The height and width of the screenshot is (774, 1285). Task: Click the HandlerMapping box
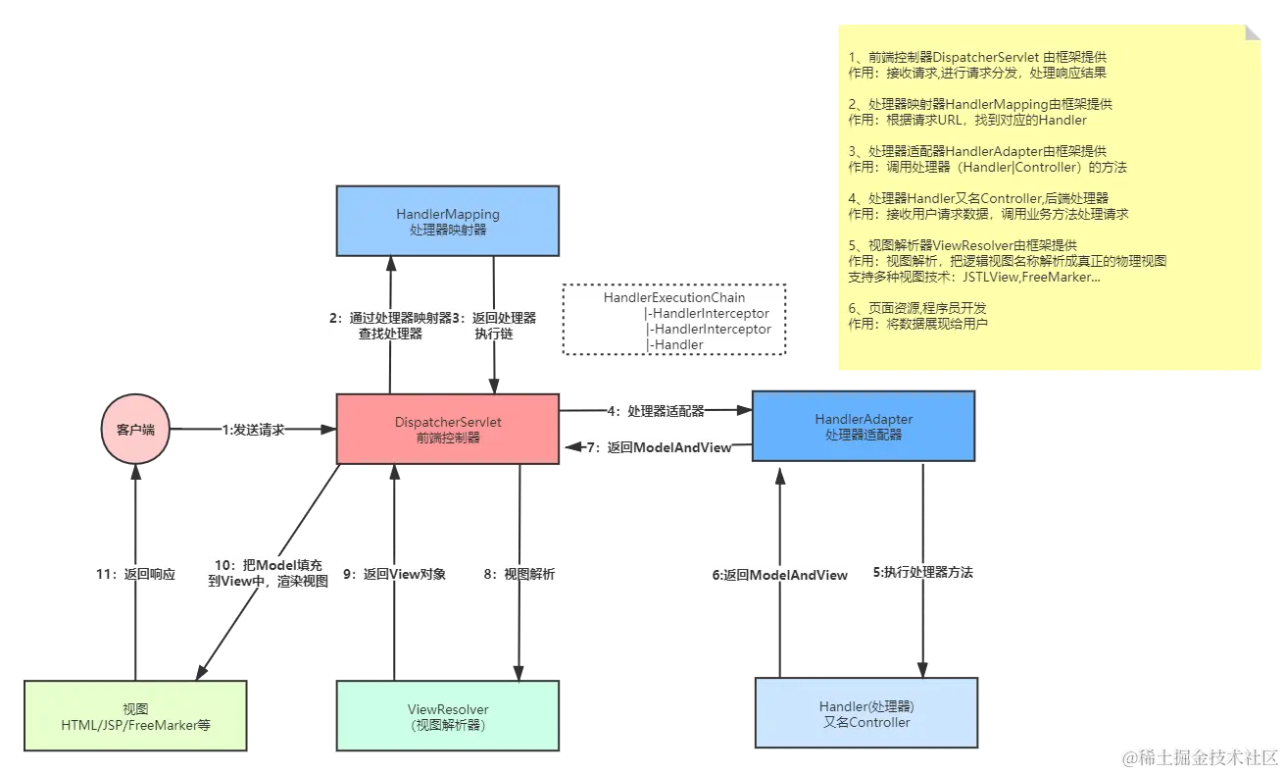click(x=448, y=221)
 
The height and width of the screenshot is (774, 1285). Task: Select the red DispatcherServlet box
click(x=448, y=429)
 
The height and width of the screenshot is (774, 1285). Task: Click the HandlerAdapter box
click(x=863, y=426)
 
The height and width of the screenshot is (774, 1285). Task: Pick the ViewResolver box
click(x=448, y=716)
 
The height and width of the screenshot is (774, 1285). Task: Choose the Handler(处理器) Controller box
click(x=865, y=714)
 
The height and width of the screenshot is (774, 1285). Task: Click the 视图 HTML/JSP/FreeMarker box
click(x=136, y=716)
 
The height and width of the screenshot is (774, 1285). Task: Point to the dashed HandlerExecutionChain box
click(x=674, y=321)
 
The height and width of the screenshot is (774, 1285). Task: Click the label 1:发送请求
click(x=254, y=430)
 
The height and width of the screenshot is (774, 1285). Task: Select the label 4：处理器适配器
click(x=656, y=411)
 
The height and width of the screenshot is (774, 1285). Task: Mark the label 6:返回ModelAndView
click(x=779, y=576)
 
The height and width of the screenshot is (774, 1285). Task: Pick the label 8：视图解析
click(x=519, y=574)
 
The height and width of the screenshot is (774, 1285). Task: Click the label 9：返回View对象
click(x=393, y=574)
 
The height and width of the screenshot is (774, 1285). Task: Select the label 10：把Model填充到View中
click(x=267, y=572)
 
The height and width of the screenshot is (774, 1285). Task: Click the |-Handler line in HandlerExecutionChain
click(x=675, y=344)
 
